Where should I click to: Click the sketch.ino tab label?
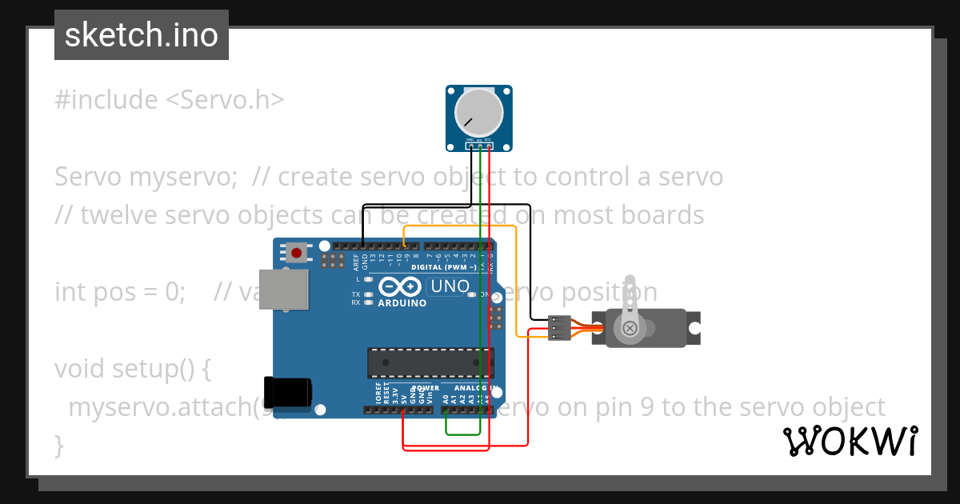(x=141, y=35)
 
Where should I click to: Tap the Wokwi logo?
(x=850, y=441)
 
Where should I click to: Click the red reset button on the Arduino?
(x=297, y=253)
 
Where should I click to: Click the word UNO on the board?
(x=450, y=286)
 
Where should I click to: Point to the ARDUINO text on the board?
(x=402, y=303)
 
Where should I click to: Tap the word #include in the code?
(x=106, y=100)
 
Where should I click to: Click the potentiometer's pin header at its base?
(x=478, y=145)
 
